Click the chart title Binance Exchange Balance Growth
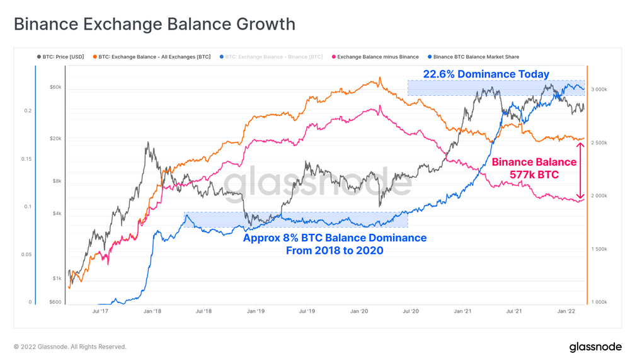(x=154, y=25)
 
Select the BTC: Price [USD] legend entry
(x=60, y=57)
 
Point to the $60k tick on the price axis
(x=55, y=87)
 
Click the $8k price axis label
(x=56, y=181)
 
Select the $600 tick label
(x=55, y=302)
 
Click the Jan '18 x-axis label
(x=152, y=311)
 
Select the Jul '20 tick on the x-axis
(x=411, y=311)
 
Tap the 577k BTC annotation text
(x=534, y=175)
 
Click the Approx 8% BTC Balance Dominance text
(x=335, y=238)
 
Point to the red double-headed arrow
(x=581, y=171)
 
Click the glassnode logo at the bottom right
(x=595, y=347)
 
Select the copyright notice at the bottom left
(x=70, y=347)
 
